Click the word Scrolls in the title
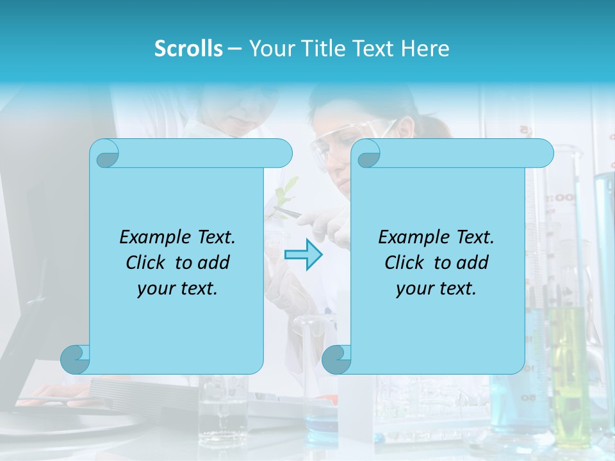pyautogui.click(x=188, y=49)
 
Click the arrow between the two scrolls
pyautogui.click(x=303, y=255)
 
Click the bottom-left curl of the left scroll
pyautogui.click(x=75, y=359)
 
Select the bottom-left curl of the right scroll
pyautogui.click(x=336, y=359)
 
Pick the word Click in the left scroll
pyautogui.click(x=148, y=263)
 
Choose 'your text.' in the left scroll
pyautogui.click(x=177, y=288)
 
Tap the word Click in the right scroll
pyautogui.click(x=407, y=263)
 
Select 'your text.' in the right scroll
pyautogui.click(x=436, y=288)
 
